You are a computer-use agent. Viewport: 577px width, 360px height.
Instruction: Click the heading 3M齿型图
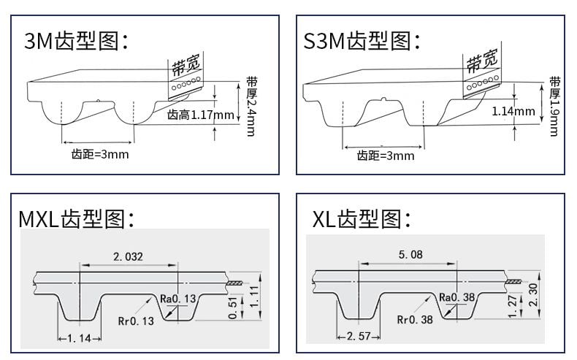click(77, 41)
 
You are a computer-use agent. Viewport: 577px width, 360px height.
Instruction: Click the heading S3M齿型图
click(362, 41)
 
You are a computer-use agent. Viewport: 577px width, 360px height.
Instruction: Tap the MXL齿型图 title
click(77, 219)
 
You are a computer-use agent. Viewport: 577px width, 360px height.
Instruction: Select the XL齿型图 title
click(362, 219)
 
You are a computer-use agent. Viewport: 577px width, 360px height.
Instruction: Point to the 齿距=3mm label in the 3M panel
click(99, 155)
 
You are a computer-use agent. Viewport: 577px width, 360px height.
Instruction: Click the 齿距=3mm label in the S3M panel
click(385, 156)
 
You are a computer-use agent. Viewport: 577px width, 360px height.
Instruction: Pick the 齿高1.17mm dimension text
click(201, 115)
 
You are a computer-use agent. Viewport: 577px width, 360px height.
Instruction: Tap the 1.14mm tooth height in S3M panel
click(513, 112)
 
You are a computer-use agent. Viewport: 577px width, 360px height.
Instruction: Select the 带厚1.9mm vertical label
click(555, 106)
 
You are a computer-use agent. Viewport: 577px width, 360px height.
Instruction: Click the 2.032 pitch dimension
click(128, 256)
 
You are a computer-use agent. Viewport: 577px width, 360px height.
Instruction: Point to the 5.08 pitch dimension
click(410, 255)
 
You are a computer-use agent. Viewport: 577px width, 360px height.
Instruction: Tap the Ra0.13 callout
click(178, 298)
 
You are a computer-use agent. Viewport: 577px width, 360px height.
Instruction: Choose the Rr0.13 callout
click(137, 321)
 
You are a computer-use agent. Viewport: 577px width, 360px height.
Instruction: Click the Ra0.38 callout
click(457, 297)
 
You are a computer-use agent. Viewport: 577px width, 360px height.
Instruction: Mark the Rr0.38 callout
click(416, 319)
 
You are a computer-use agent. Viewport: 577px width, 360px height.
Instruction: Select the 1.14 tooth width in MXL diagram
click(79, 338)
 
